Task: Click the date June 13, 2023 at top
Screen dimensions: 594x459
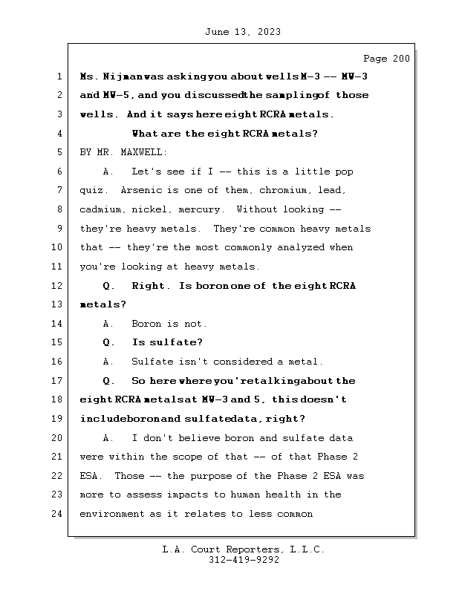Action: pos(242,32)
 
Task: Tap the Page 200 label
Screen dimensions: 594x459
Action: pos(385,59)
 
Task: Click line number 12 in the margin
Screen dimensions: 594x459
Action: pos(59,286)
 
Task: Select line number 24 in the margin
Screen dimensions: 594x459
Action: pos(59,514)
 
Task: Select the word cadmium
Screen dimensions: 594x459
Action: pos(100,210)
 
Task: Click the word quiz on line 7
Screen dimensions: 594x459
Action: pos(91,191)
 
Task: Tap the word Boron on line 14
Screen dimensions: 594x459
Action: pos(146,324)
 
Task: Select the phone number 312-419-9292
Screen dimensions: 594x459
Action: pos(244,561)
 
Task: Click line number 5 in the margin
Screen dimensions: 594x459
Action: pos(59,153)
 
